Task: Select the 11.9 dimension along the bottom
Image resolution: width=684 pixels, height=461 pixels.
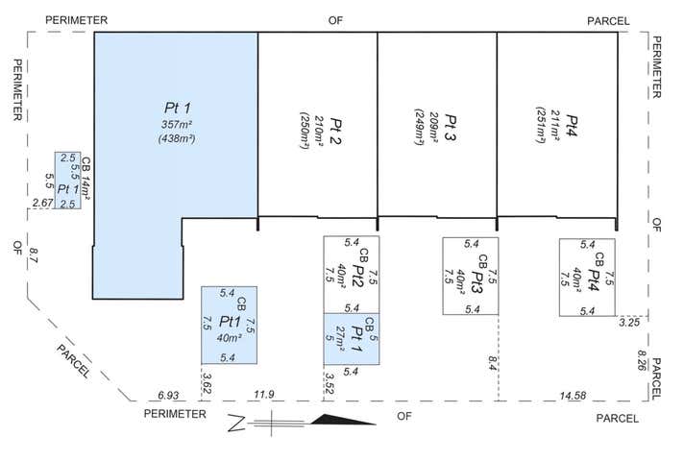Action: tap(262, 395)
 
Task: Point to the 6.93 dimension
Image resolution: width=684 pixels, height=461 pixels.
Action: tap(169, 395)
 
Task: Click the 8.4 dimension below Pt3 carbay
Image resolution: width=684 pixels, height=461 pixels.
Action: tap(493, 362)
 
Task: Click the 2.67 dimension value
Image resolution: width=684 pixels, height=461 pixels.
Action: tap(42, 203)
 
